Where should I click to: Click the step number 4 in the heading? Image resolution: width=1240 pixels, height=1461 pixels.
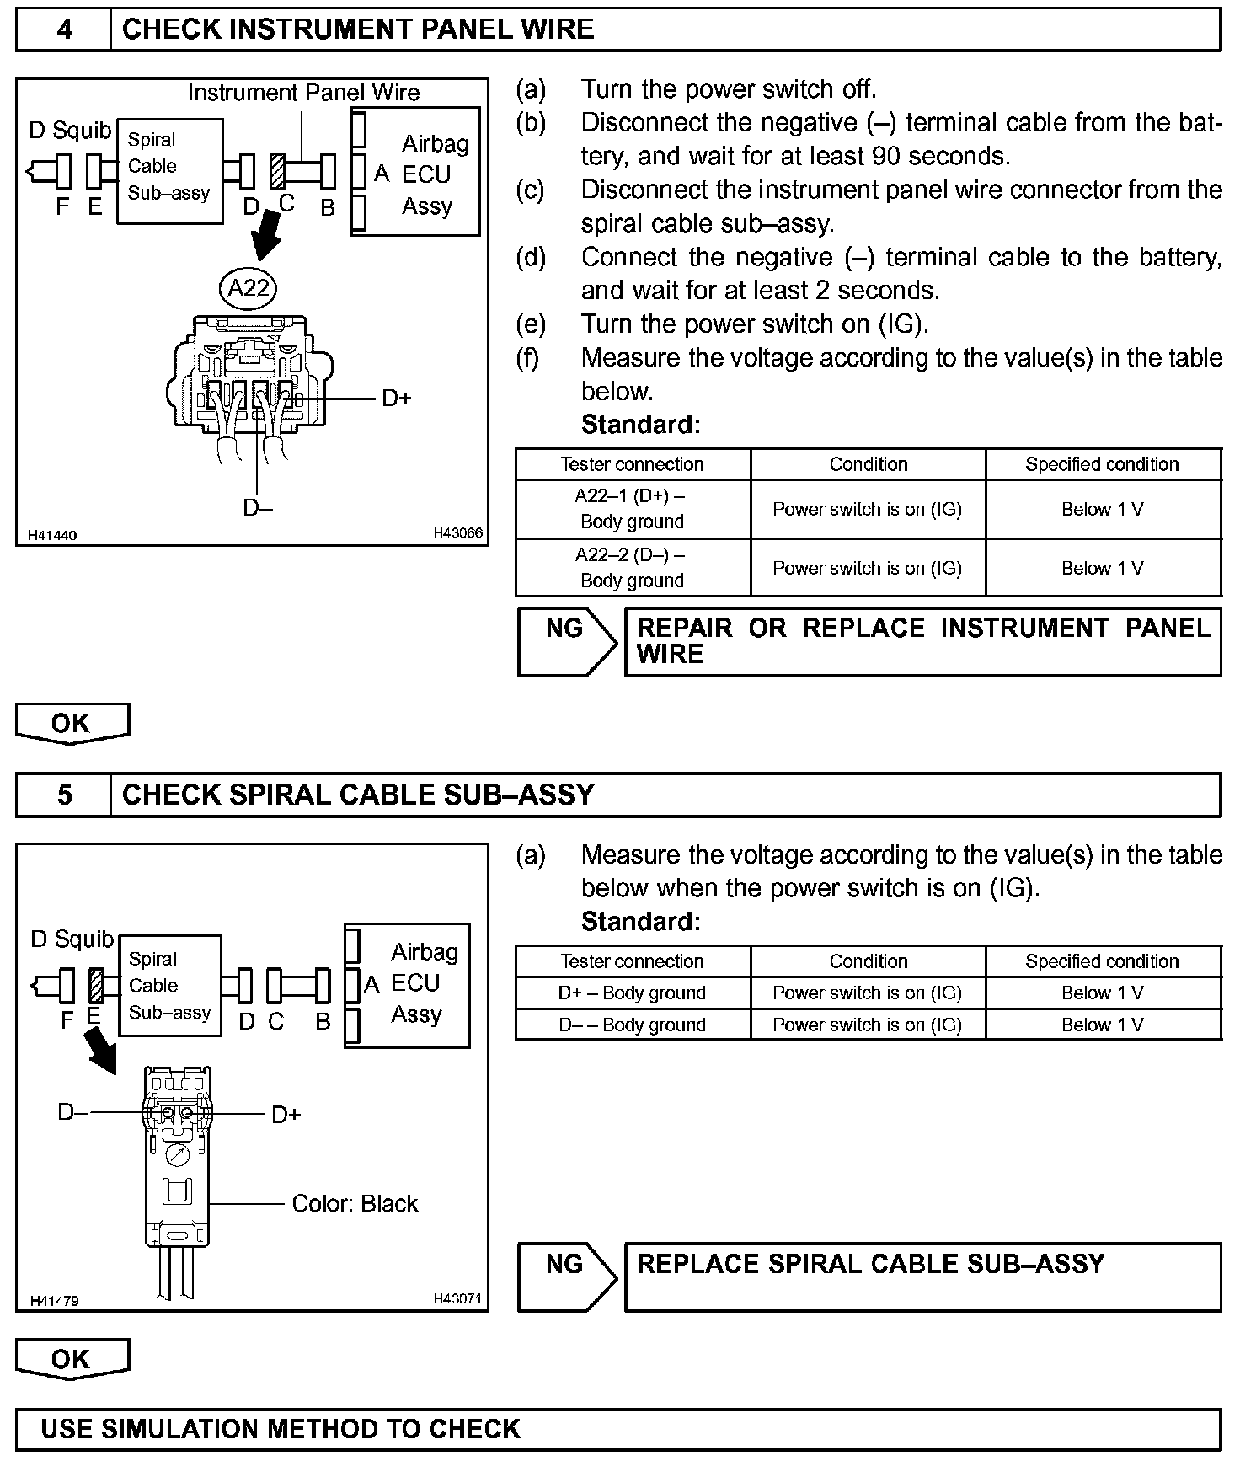tap(64, 30)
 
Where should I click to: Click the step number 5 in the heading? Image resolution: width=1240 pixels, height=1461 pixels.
tap(64, 795)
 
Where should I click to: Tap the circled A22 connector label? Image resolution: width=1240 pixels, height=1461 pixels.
tap(249, 288)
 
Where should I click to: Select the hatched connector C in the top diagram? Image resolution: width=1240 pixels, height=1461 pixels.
tap(277, 171)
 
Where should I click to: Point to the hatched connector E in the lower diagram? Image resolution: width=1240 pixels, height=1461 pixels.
tap(95, 985)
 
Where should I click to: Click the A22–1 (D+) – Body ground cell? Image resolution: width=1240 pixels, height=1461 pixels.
tap(632, 509)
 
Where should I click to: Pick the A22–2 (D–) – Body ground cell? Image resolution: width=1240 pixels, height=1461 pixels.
tap(632, 568)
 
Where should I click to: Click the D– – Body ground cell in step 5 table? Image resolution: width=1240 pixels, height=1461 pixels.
tap(632, 1025)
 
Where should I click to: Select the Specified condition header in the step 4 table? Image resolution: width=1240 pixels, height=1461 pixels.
tap(1102, 464)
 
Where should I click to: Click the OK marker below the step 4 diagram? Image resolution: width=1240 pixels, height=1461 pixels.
tap(72, 724)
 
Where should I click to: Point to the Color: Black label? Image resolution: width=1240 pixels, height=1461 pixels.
tap(355, 1203)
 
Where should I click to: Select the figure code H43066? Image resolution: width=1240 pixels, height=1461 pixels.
tap(457, 533)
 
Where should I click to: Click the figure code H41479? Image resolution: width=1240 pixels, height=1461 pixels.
tap(54, 1300)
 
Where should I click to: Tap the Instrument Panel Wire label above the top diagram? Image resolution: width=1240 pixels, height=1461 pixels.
tap(303, 93)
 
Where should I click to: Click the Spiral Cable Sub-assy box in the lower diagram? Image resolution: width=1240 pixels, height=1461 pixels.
tap(169, 985)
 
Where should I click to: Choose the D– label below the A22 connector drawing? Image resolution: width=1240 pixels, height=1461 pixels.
tap(257, 507)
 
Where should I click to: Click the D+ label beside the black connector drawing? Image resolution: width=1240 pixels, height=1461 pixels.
tap(286, 1115)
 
